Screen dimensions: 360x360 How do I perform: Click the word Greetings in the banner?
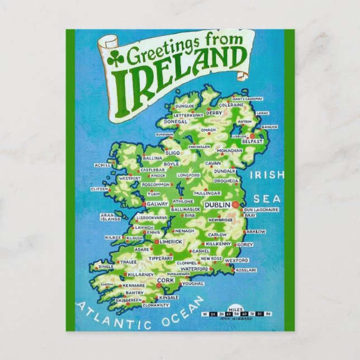(160, 54)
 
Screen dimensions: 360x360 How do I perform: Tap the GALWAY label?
(157, 205)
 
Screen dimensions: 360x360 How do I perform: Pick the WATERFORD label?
(195, 269)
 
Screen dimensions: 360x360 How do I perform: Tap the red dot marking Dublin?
(236, 205)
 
